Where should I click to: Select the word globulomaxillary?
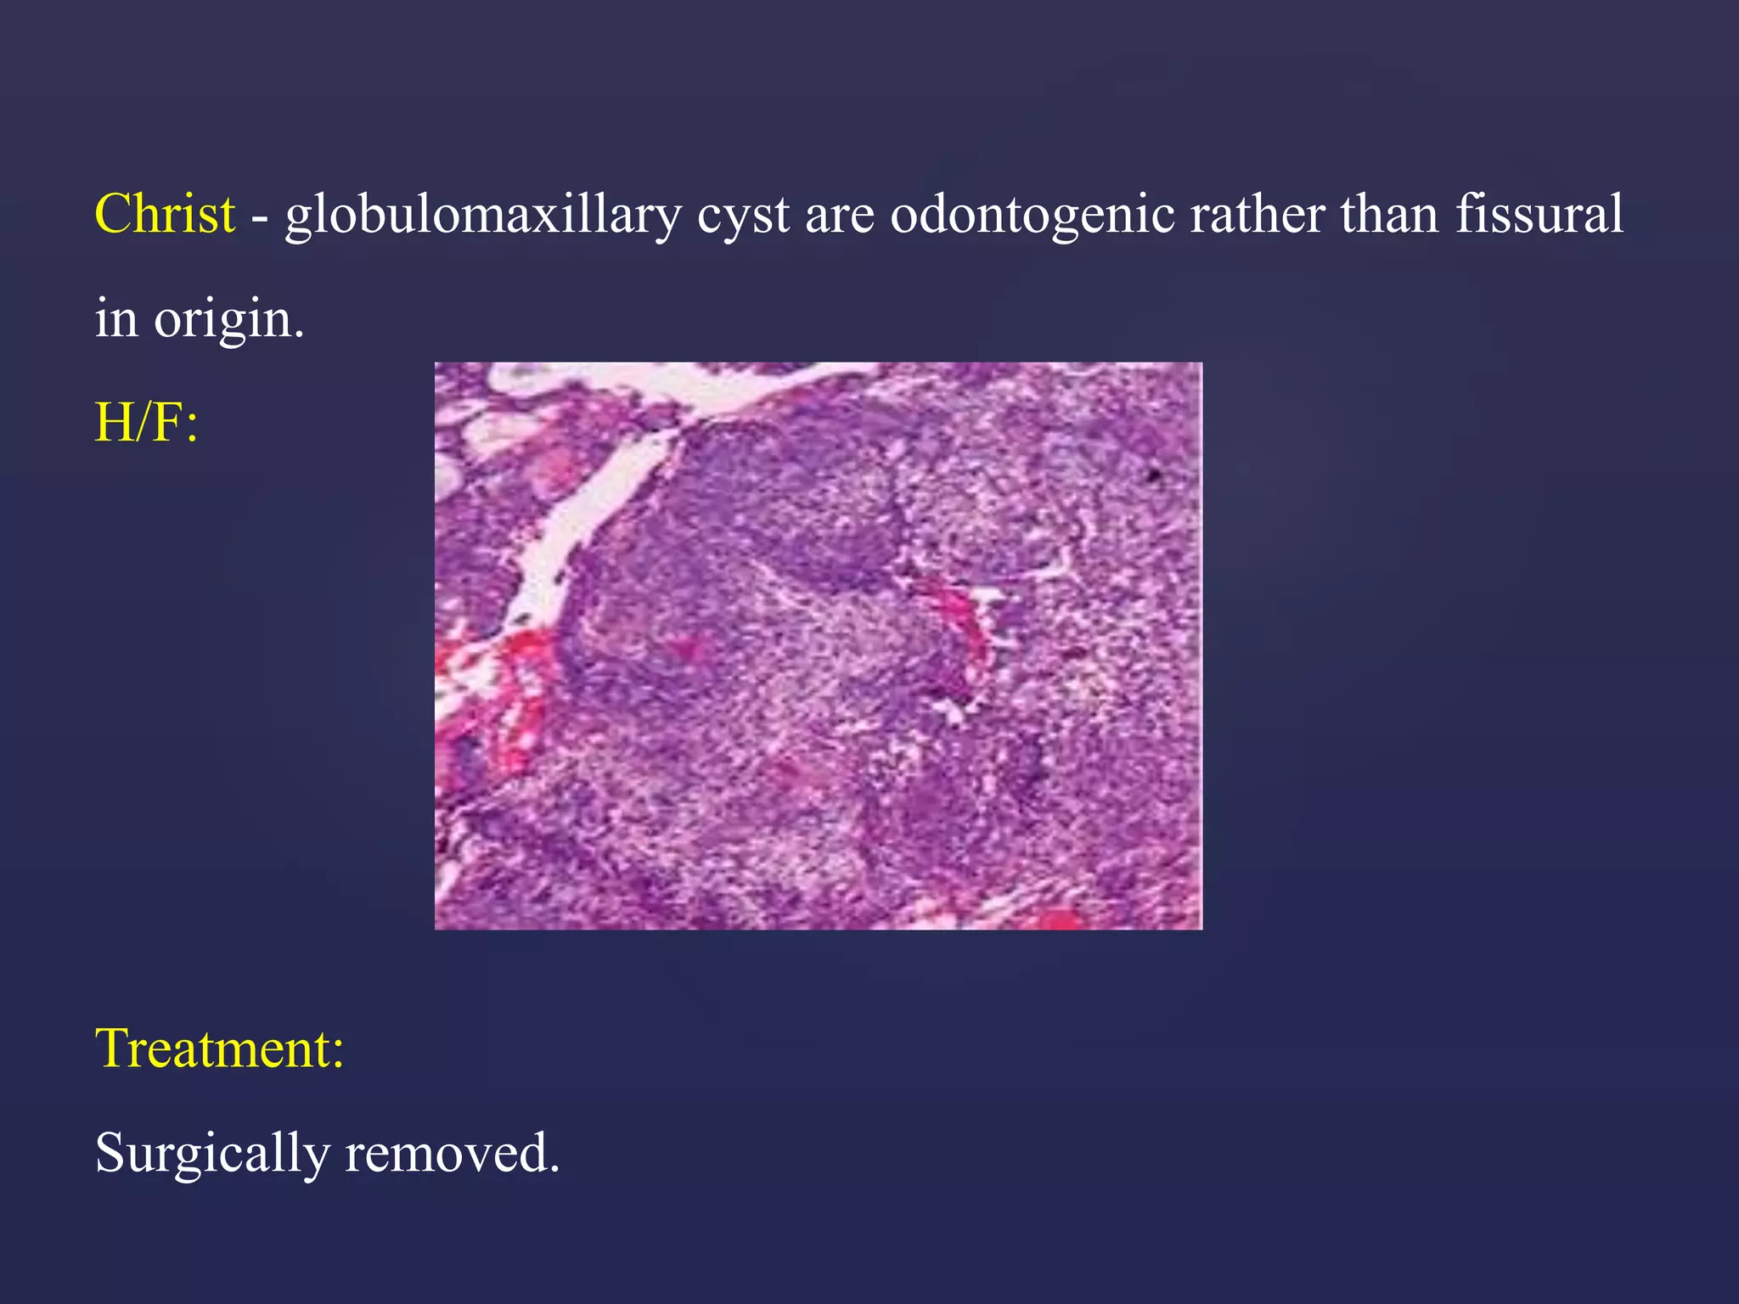482,215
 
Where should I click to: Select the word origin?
228,321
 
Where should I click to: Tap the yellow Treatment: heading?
219,1048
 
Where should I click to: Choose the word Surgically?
212,1155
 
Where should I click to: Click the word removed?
452,1153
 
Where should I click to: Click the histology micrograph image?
818,645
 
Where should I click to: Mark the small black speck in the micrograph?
1153,475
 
